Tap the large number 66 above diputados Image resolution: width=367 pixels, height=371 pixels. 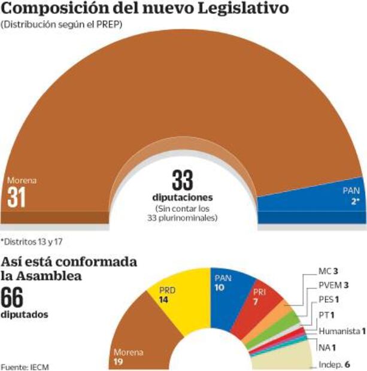[17, 297]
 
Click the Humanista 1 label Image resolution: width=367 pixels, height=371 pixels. [342, 330]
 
